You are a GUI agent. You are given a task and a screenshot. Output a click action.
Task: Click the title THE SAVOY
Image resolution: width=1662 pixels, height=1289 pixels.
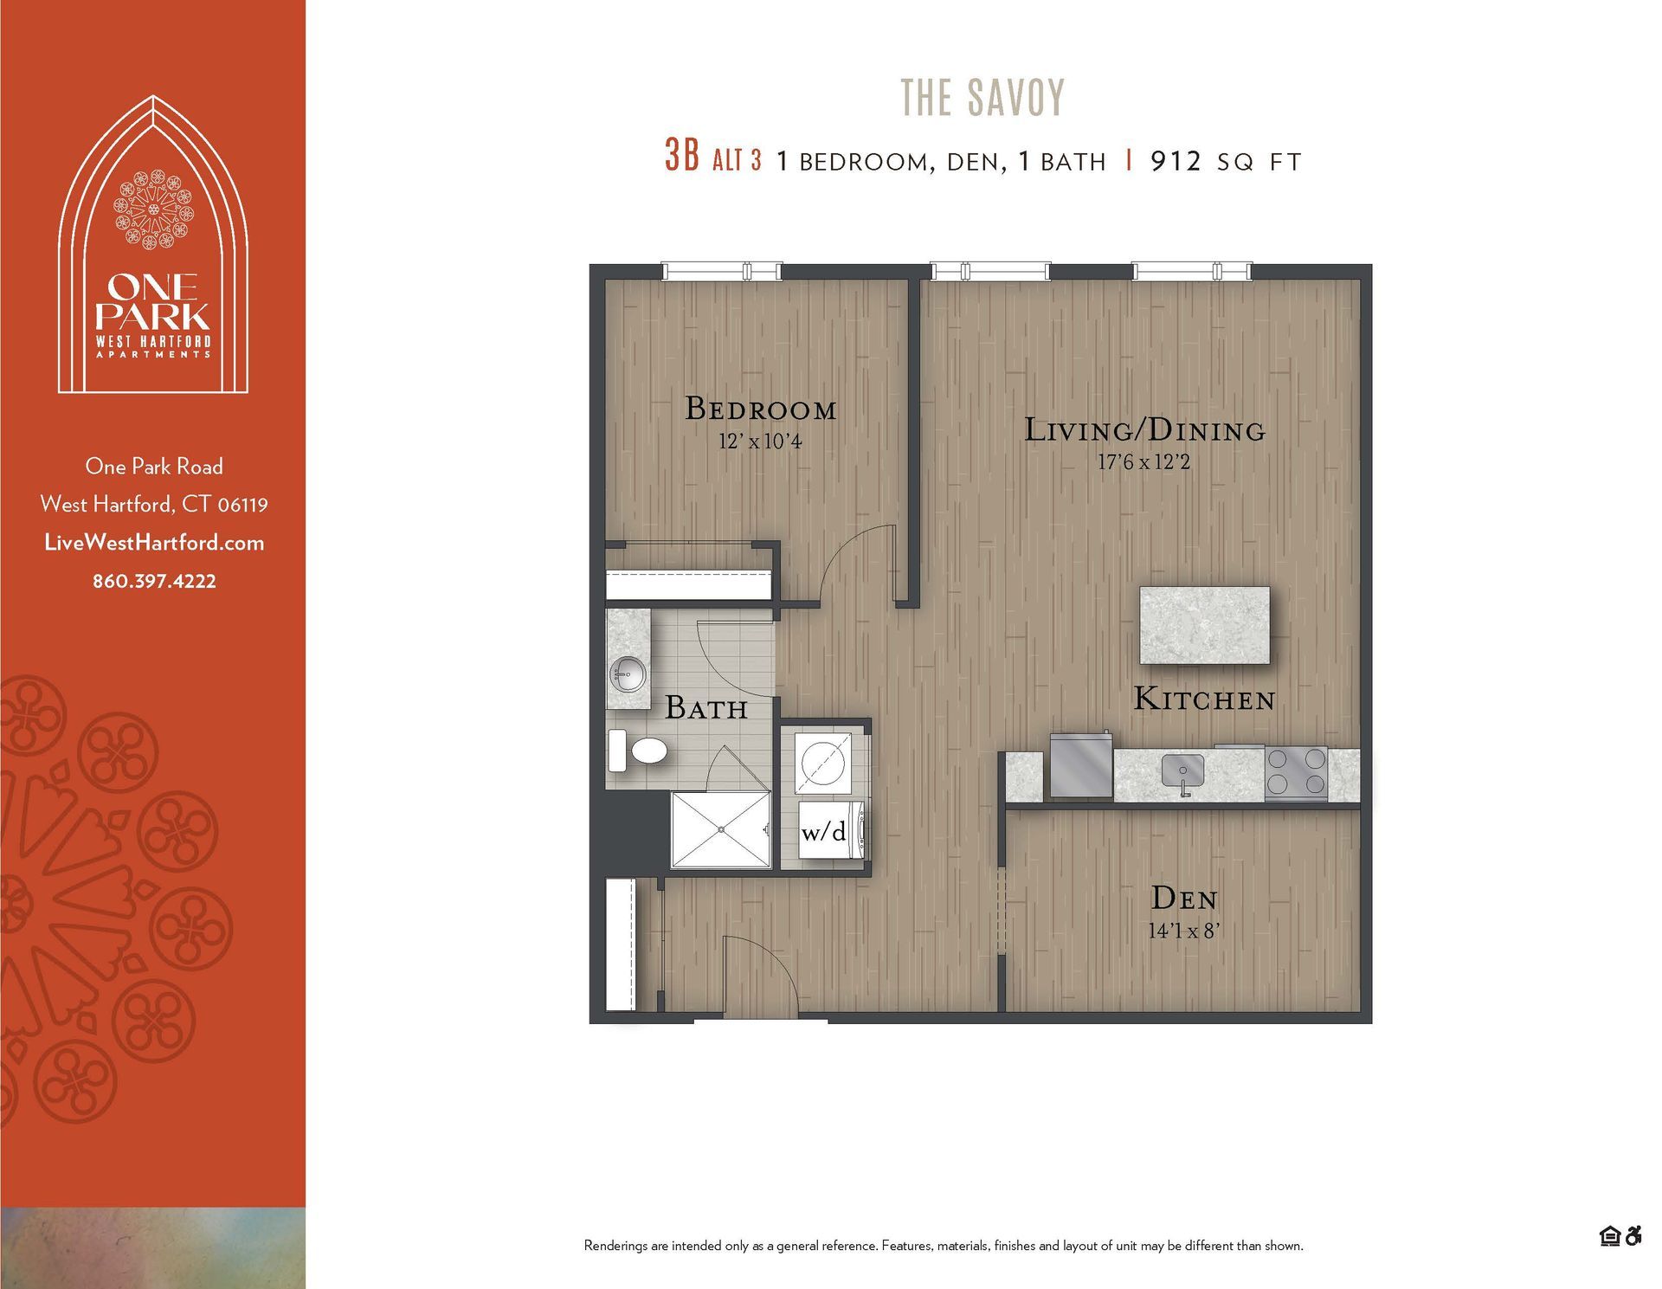point(982,98)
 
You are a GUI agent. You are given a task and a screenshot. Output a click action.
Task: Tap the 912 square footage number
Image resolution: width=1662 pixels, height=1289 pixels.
point(1176,161)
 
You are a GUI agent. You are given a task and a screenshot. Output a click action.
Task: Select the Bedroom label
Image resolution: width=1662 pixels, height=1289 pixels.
point(760,409)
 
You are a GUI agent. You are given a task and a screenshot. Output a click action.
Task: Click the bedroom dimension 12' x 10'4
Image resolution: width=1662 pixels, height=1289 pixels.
point(760,441)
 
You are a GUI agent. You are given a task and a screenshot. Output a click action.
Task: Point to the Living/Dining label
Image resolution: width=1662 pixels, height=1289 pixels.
point(1144,430)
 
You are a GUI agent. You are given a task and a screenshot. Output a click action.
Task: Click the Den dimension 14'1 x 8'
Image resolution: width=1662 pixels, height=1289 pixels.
point(1183,931)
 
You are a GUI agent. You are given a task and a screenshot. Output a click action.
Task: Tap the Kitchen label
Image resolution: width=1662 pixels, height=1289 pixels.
point(1204,699)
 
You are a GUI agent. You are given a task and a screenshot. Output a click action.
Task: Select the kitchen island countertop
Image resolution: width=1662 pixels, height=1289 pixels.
point(1204,625)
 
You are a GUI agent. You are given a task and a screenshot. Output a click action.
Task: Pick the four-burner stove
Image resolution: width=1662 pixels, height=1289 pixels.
point(1295,772)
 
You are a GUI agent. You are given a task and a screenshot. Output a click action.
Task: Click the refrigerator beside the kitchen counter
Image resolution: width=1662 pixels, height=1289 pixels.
point(1080,765)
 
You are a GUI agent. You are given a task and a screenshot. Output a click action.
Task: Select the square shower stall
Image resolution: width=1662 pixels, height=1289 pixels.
point(720,829)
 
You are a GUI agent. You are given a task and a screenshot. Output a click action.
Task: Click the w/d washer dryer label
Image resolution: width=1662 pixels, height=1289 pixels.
point(824,832)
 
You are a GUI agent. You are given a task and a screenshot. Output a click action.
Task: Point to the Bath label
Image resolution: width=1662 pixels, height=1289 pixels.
point(706,708)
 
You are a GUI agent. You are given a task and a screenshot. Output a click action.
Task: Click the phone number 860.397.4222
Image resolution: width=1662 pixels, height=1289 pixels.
point(154,581)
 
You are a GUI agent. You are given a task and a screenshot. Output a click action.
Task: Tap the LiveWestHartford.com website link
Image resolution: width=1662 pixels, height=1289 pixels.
point(154,543)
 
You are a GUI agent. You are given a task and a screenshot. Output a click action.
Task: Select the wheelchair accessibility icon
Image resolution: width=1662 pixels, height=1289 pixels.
point(1633,1236)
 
